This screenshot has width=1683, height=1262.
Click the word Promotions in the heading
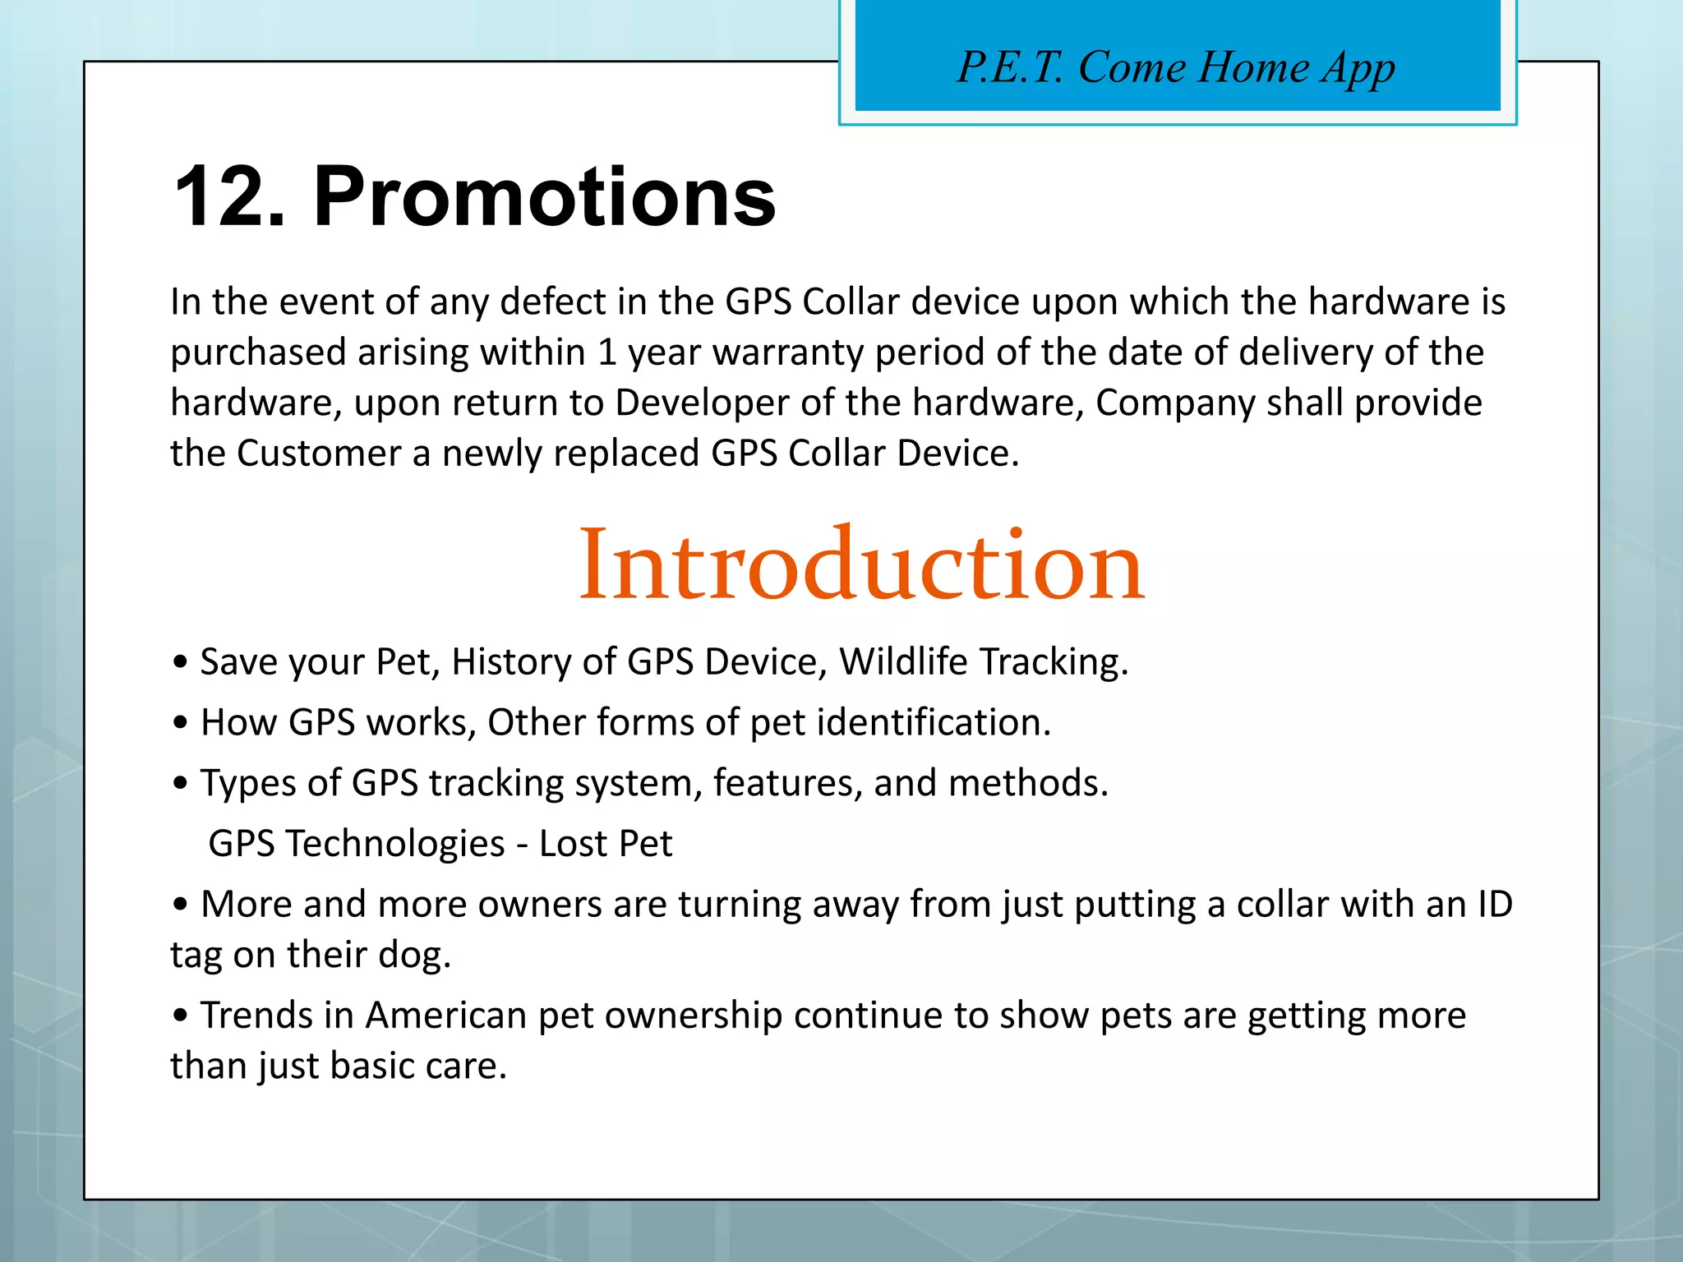pos(544,198)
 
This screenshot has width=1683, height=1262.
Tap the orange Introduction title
pos(861,566)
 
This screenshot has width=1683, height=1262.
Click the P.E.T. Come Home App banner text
pos(1176,67)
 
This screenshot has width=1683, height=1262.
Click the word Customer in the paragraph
pos(319,454)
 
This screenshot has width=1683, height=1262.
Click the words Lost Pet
pos(606,844)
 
